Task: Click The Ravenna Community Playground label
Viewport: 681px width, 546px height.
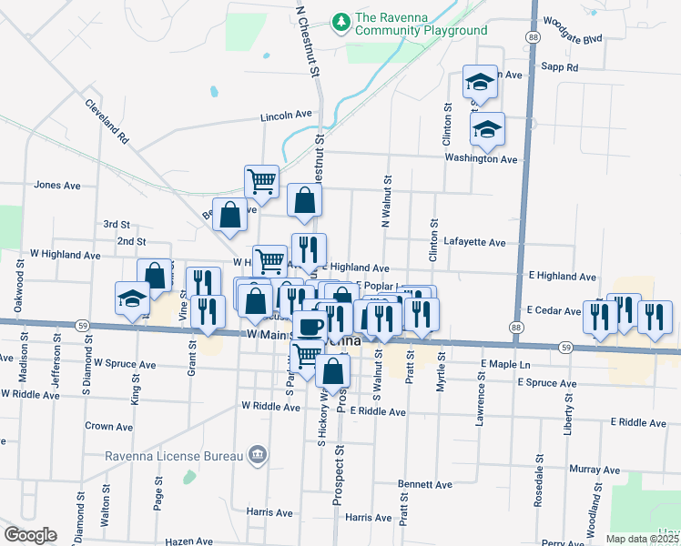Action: tap(422, 24)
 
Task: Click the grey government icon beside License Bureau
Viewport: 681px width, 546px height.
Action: tap(259, 455)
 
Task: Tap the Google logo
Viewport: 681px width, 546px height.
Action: tap(30, 535)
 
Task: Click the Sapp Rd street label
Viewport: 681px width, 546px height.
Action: tap(559, 67)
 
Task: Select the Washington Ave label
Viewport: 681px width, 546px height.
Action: tap(481, 158)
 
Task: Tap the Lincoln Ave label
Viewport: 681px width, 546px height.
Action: tap(286, 116)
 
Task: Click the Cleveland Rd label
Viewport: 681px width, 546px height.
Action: tap(108, 123)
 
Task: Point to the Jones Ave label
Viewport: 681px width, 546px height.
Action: tap(57, 185)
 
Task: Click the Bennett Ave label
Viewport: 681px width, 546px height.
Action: tap(425, 485)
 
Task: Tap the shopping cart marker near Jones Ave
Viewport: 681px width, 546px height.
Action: tap(261, 180)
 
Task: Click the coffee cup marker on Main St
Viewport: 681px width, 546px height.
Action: tap(310, 325)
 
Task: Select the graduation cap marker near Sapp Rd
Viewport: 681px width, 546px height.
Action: tap(479, 82)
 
